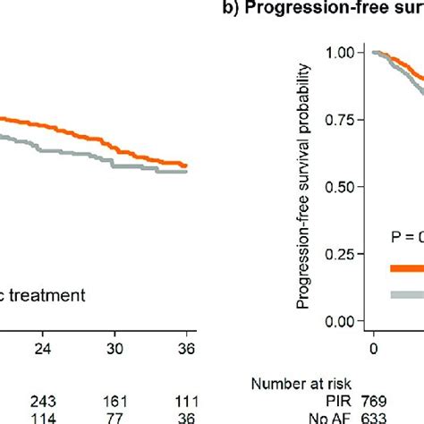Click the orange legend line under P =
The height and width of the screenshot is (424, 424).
(x=406, y=267)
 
